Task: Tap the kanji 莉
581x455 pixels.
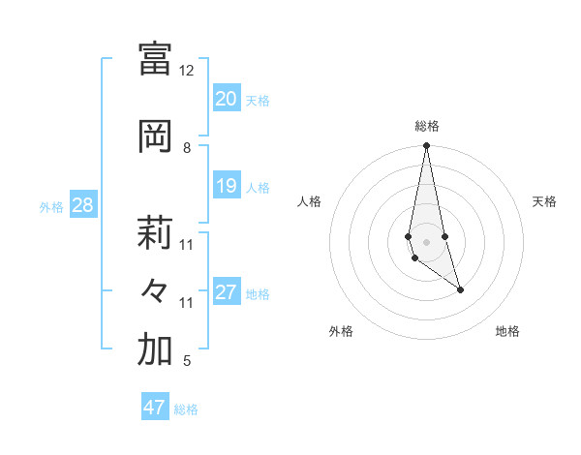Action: tap(155, 232)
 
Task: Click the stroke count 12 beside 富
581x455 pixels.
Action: tap(186, 71)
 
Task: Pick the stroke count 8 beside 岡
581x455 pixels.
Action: tap(187, 148)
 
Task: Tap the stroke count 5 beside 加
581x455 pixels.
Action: tap(187, 362)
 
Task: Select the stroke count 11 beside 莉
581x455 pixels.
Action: tap(186, 244)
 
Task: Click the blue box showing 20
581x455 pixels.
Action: tap(226, 99)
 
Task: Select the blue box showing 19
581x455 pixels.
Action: tap(226, 186)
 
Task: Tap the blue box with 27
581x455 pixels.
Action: tap(226, 292)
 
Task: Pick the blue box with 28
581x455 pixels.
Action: tap(81, 205)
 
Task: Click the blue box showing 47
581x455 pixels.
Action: tap(154, 408)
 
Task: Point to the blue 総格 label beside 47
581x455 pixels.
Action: tap(186, 409)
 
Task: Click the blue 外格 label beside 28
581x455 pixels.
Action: tap(51, 206)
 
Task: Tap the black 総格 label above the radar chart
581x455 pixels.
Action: tap(426, 126)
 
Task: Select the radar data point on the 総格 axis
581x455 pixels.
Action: tap(426, 146)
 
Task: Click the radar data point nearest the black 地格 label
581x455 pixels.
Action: tap(460, 289)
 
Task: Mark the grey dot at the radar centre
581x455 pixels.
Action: tap(426, 241)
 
